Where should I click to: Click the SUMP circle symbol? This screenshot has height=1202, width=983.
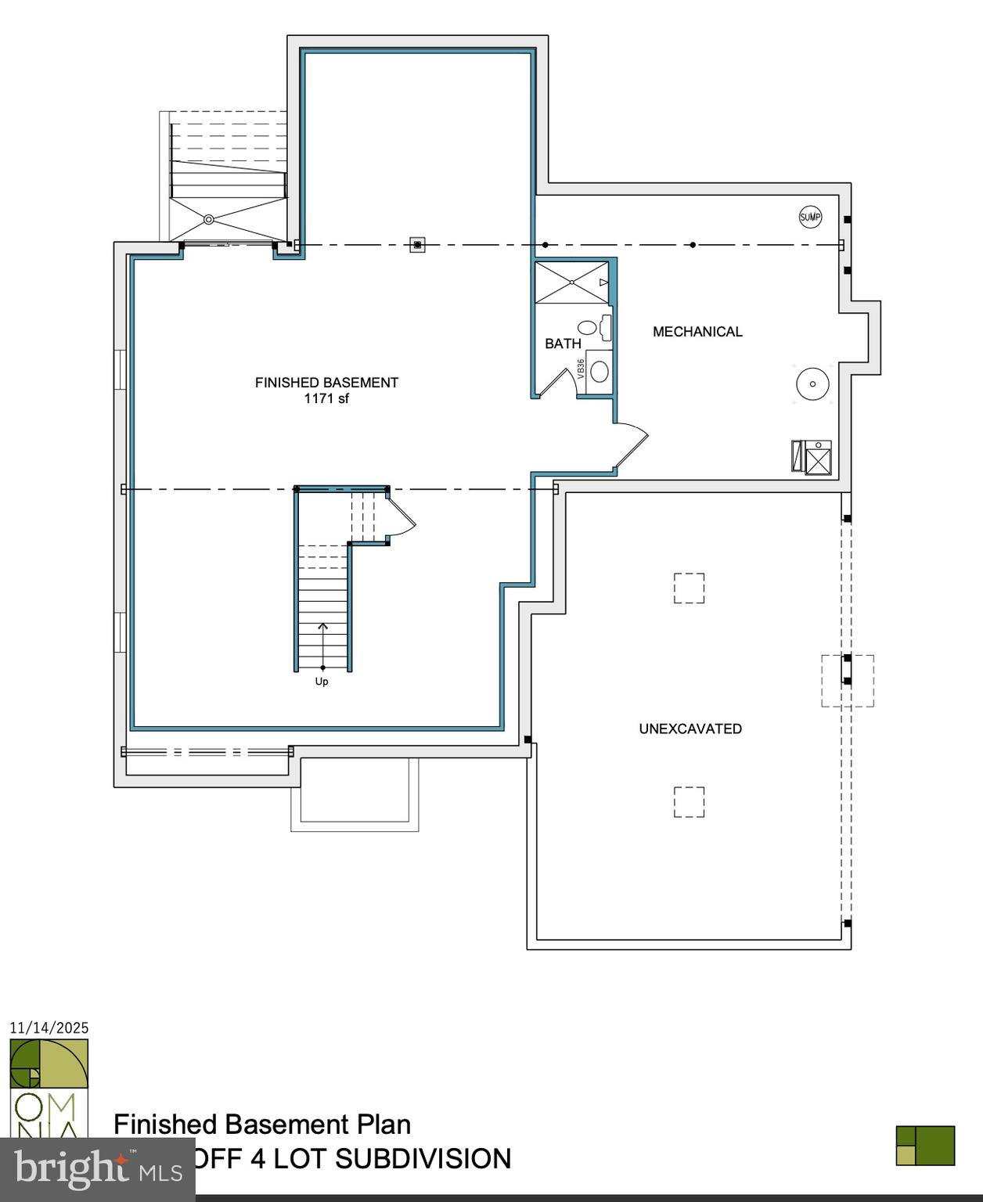pyautogui.click(x=810, y=217)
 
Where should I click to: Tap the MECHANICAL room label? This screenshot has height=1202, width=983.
pyautogui.click(x=697, y=332)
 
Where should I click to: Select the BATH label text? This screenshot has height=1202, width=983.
pyautogui.click(x=563, y=344)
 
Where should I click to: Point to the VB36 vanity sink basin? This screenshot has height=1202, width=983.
pyautogui.click(x=600, y=371)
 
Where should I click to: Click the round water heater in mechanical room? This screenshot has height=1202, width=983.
pyautogui.click(x=813, y=383)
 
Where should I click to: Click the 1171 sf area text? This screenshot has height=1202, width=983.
pyautogui.click(x=326, y=398)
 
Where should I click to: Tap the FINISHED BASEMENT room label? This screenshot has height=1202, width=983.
pyautogui.click(x=326, y=383)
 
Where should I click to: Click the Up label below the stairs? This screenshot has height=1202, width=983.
pyautogui.click(x=322, y=682)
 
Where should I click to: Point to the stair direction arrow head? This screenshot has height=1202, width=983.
pyautogui.click(x=322, y=626)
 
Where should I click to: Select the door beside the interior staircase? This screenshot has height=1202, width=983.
pyautogui.click(x=402, y=516)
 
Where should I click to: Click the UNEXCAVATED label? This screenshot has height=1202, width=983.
pyautogui.click(x=690, y=729)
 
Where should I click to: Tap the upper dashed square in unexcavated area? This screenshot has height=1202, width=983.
pyautogui.click(x=689, y=588)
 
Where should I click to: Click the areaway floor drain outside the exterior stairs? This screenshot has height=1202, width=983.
pyautogui.click(x=209, y=220)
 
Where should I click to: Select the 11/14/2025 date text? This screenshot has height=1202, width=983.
pyautogui.click(x=49, y=1028)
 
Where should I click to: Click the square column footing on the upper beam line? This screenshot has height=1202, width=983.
pyautogui.click(x=418, y=245)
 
